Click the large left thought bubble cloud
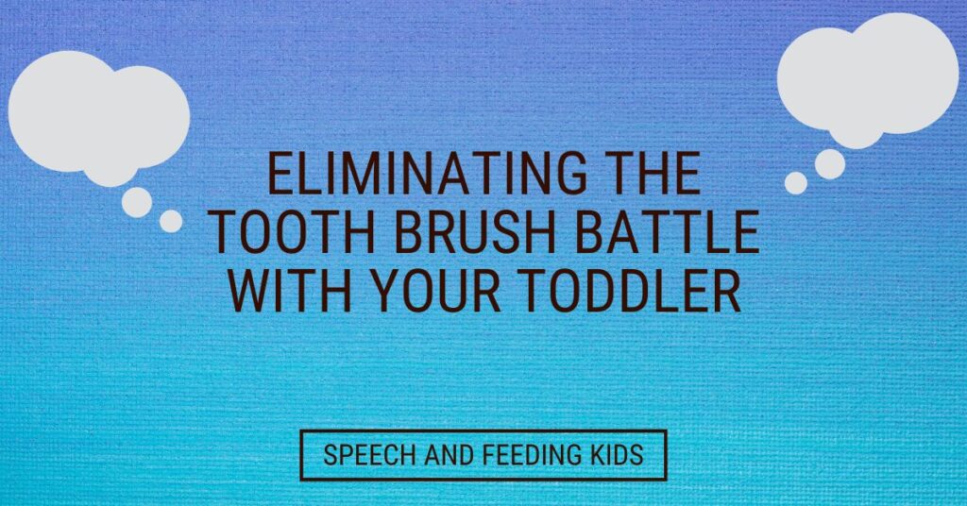pos(98,117)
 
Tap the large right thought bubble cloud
pos(868,79)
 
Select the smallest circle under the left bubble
pos(171,221)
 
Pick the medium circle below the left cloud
pos(137,202)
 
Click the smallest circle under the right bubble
pos(795,183)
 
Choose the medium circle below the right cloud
pos(830,164)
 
